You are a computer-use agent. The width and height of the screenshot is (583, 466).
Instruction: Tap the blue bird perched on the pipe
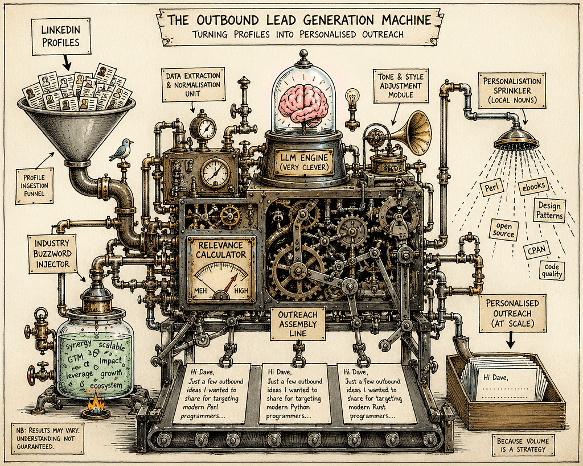click(123, 150)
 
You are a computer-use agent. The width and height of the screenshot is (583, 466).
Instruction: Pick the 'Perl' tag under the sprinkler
click(491, 188)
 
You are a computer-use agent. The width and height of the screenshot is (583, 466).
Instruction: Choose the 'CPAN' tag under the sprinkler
click(536, 250)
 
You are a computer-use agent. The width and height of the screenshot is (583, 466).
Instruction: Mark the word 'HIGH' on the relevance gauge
click(241, 291)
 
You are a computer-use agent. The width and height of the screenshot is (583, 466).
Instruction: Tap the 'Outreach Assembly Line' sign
click(298, 324)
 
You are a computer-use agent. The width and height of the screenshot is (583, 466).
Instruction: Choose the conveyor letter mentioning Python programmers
click(294, 394)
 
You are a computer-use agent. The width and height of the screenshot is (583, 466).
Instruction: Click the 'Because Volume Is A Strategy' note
click(523, 445)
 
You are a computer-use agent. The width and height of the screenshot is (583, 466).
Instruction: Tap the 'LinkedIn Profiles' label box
click(60, 36)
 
